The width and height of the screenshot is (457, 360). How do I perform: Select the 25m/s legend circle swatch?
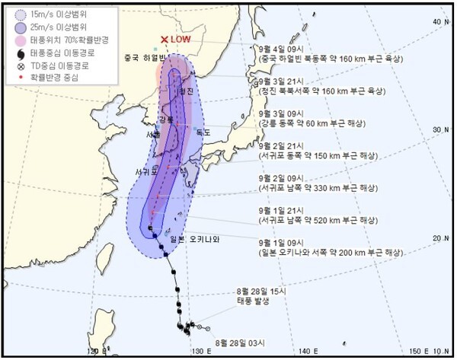[x=21, y=25]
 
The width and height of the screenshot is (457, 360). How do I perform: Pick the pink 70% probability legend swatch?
[x=21, y=39]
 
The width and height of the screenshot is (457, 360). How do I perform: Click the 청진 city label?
[x=186, y=91]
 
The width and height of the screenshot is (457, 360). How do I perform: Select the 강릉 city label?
[x=166, y=120]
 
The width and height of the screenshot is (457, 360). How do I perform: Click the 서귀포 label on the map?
[x=147, y=171]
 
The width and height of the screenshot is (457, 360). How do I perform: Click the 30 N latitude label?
[x=439, y=130]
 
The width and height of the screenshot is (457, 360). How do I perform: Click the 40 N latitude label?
[x=439, y=22]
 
